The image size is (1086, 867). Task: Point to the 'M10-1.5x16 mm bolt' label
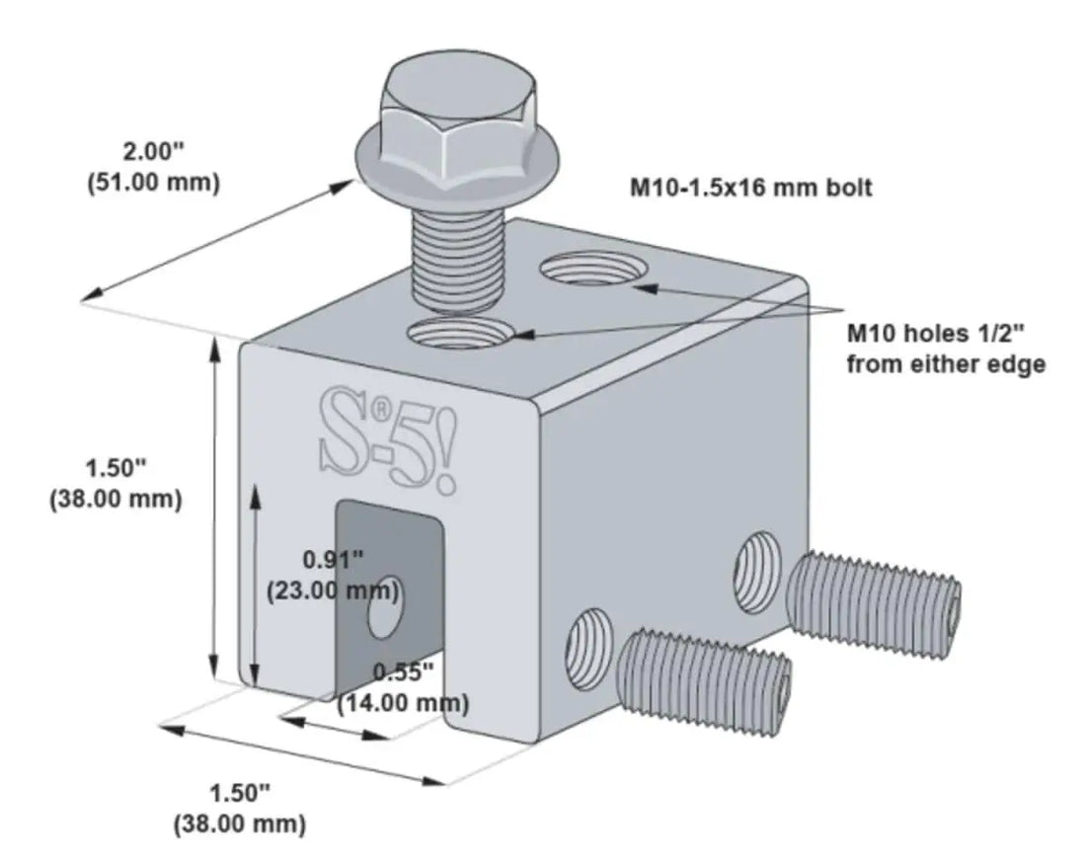coord(751,188)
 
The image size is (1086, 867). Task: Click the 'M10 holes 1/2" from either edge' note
coord(945,349)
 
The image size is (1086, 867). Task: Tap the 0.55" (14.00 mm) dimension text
coord(403,688)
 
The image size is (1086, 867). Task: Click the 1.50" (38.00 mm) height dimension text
coord(115,483)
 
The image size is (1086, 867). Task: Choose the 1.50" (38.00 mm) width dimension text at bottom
coord(239,807)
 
